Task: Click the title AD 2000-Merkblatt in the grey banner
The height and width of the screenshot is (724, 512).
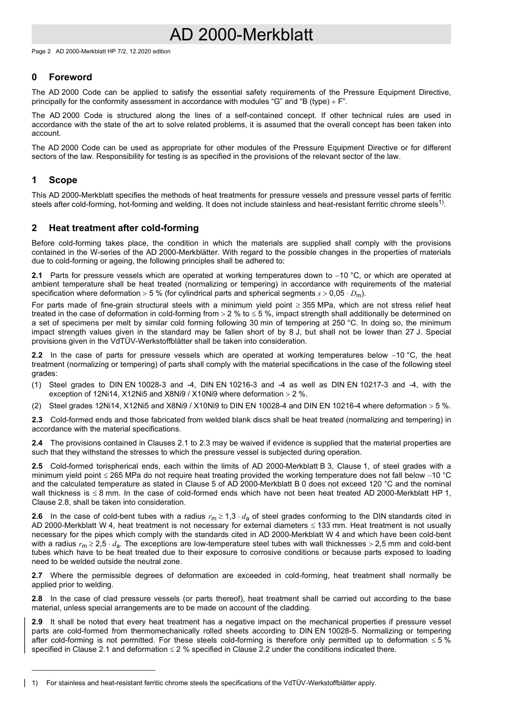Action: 241,35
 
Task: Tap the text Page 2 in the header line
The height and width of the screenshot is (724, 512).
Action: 41,52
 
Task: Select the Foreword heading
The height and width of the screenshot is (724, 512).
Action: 70,77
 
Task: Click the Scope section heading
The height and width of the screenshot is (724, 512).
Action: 63,180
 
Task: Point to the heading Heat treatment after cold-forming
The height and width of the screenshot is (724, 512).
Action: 123,228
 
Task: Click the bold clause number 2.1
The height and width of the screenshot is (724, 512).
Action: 37,275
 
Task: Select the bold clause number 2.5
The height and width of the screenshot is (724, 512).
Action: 37,466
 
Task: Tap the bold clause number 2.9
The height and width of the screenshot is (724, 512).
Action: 37,622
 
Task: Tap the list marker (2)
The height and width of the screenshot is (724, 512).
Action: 37,406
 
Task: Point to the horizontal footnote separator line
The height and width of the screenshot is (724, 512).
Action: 93,671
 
